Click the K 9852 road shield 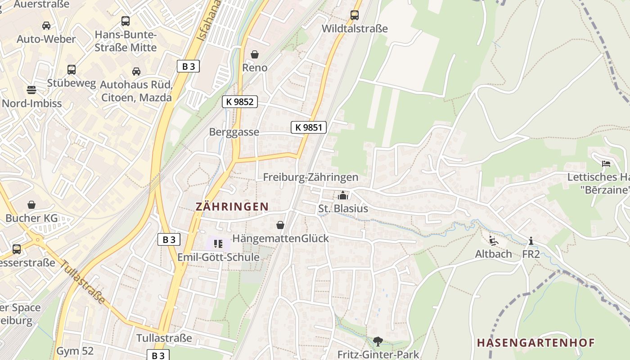(x=240, y=102)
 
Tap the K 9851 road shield (x=309, y=127)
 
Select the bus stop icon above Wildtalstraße (x=355, y=15)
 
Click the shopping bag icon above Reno (x=255, y=54)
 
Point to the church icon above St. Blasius (x=343, y=195)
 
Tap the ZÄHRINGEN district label (x=232, y=207)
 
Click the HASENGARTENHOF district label (x=535, y=343)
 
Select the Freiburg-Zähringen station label (x=310, y=177)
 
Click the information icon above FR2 (x=531, y=241)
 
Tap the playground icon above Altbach (x=494, y=241)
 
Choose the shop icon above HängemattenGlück (x=280, y=225)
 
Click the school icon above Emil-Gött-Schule (x=218, y=244)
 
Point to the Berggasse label (x=234, y=132)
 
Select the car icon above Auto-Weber (x=46, y=26)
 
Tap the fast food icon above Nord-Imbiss (x=31, y=90)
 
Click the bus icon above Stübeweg (x=72, y=70)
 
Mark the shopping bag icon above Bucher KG (x=31, y=205)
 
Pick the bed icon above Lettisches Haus (x=607, y=164)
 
